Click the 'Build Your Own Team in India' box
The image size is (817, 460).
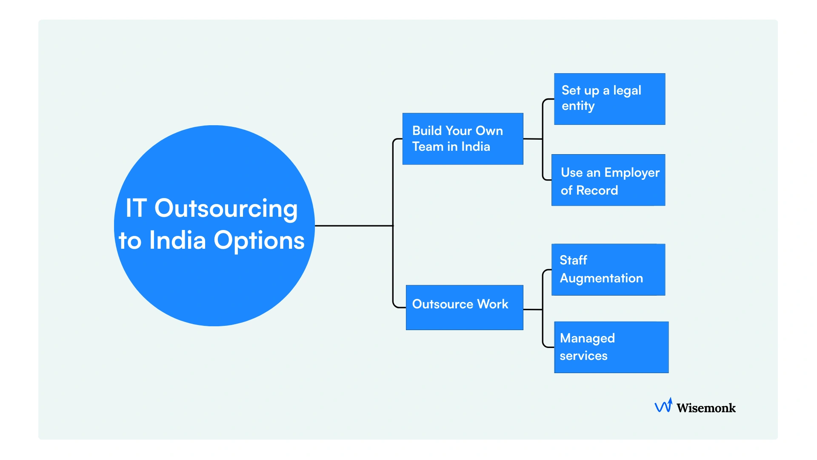463,139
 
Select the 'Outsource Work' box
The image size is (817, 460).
464,308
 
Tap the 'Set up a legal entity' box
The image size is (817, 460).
609,99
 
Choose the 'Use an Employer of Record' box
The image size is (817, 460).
608,180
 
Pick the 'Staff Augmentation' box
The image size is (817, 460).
608,270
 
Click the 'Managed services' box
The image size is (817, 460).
611,347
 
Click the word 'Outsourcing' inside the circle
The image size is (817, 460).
226,209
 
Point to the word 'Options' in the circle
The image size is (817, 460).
259,241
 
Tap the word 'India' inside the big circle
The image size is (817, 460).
177,241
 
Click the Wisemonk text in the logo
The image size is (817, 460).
706,408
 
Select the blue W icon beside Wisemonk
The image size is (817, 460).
663,406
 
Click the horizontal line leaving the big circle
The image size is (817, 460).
353,226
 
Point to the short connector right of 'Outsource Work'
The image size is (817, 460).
532,310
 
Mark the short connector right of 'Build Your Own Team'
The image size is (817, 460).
532,139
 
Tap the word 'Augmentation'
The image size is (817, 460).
601,279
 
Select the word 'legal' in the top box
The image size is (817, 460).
627,91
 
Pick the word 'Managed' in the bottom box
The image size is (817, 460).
587,339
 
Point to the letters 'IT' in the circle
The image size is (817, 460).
136,209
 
